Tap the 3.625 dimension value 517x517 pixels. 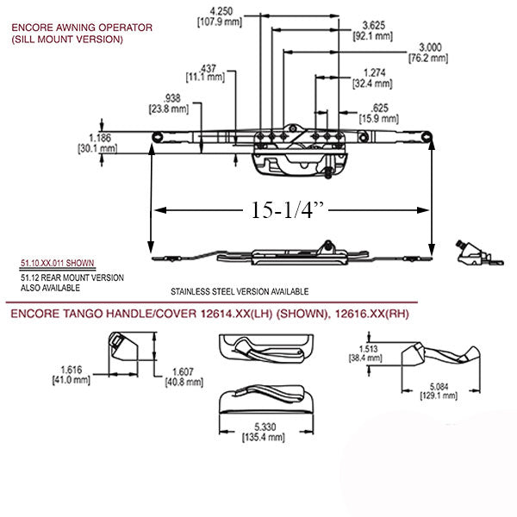pyautogui.click(x=373, y=26)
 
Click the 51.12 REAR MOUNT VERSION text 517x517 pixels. pyautogui.click(x=71, y=278)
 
